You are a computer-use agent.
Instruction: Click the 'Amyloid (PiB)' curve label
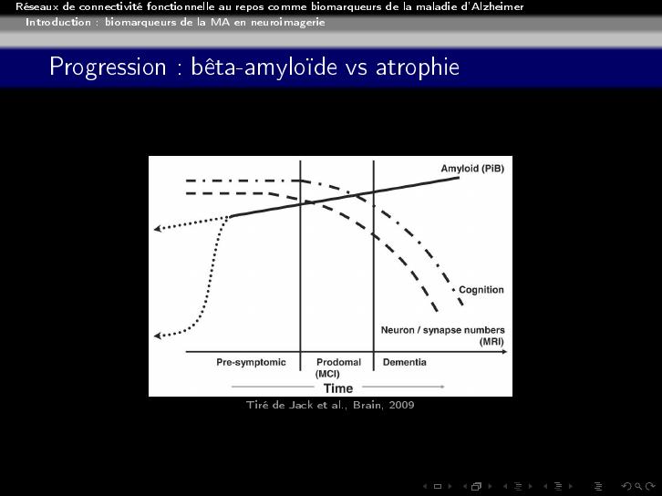pyautogui.click(x=472, y=169)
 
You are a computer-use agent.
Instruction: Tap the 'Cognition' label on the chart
pyautogui.click(x=481, y=290)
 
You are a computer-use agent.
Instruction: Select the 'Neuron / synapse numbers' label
pyautogui.click(x=443, y=330)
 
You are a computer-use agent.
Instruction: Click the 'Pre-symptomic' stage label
pyautogui.click(x=251, y=362)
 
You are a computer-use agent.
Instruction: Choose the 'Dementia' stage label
pyautogui.click(x=405, y=362)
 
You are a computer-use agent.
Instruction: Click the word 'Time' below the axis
pyautogui.click(x=338, y=387)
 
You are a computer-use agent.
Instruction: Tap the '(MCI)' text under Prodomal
pyautogui.click(x=327, y=374)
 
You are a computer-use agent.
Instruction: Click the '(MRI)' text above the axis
pyautogui.click(x=491, y=341)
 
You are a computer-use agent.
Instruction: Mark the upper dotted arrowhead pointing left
pyautogui.click(x=157, y=229)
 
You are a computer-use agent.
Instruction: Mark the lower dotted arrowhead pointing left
pyautogui.click(x=157, y=336)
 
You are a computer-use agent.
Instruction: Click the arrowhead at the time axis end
pyautogui.click(x=504, y=352)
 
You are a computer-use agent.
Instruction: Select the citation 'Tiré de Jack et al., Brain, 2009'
pyautogui.click(x=330, y=405)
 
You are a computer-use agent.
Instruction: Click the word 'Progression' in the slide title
pyautogui.click(x=108, y=67)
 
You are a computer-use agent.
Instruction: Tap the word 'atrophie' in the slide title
pyautogui.click(x=417, y=67)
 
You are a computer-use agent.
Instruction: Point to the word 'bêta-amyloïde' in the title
pyautogui.click(x=264, y=67)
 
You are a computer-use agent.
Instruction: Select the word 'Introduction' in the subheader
pyautogui.click(x=58, y=22)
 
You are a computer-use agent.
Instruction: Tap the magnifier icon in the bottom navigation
pyautogui.click(x=638, y=486)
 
